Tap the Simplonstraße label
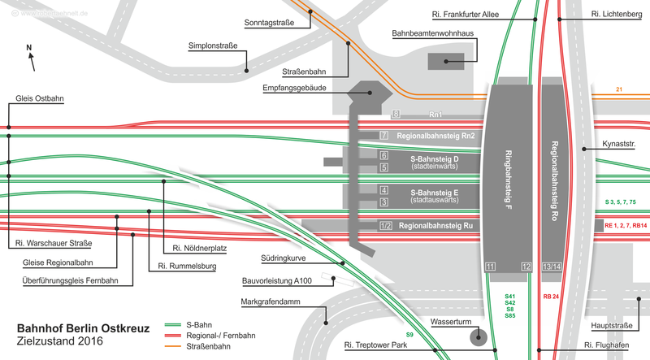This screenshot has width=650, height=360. [x=213, y=46]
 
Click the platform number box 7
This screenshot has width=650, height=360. [x=385, y=134]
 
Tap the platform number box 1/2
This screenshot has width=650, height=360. [x=385, y=225]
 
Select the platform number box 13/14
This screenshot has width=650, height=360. [x=551, y=267]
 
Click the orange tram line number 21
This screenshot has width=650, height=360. [x=619, y=89]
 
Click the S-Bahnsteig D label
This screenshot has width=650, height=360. [x=435, y=158]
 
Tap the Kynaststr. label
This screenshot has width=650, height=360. [x=619, y=148]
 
